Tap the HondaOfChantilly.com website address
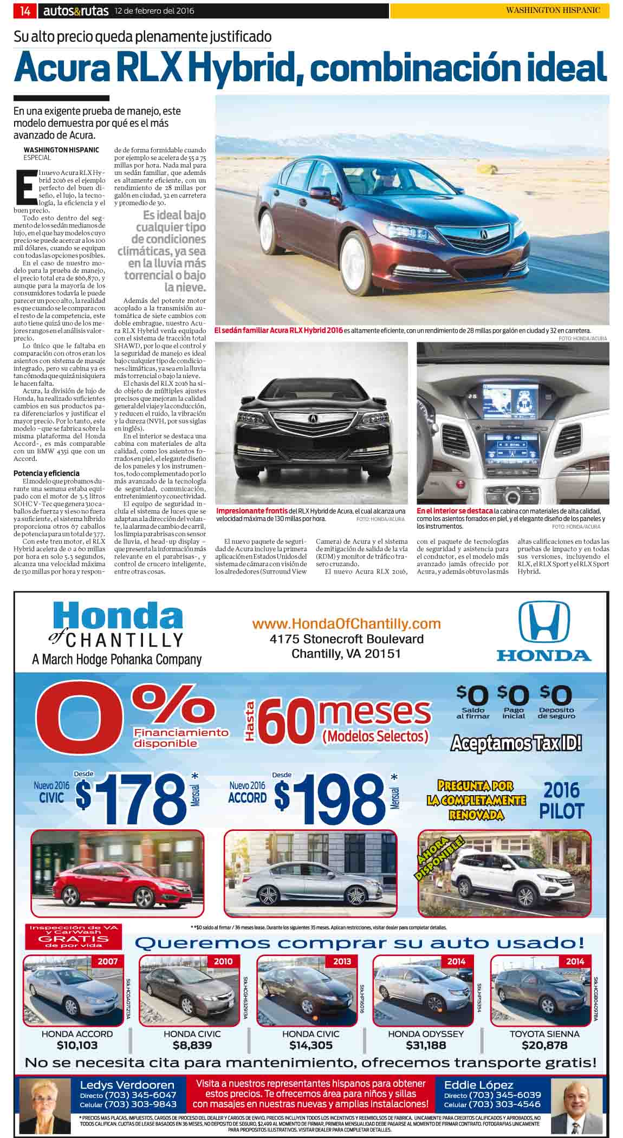(x=346, y=623)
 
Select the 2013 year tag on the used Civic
(x=342, y=961)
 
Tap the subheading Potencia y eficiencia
(x=47, y=473)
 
